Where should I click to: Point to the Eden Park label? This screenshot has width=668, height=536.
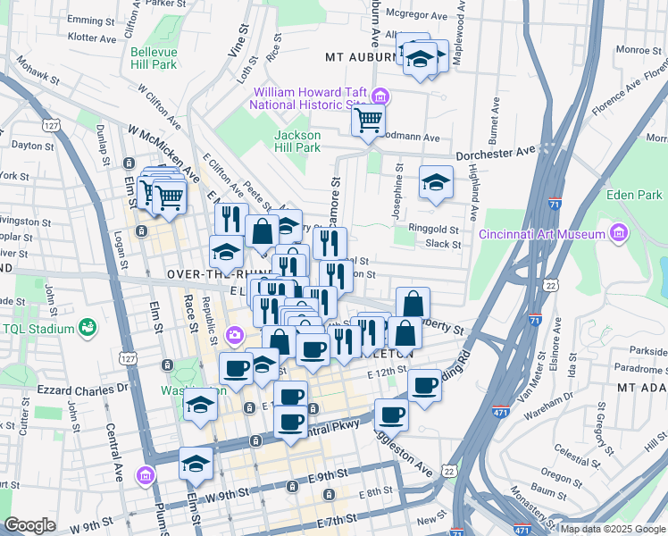coord(633,194)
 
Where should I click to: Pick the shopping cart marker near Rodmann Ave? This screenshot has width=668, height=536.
coord(368,120)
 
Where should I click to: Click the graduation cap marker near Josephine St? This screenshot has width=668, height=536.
coord(435,183)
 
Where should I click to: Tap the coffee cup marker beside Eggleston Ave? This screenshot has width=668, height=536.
coord(391,414)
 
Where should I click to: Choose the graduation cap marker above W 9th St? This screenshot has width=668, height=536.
coord(196,463)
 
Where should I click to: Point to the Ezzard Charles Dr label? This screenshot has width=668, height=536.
coord(83,389)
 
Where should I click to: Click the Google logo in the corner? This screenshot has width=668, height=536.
coord(29,525)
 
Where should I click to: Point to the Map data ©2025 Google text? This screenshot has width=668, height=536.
coord(612,529)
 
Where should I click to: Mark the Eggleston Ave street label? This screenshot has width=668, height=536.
coord(416,457)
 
